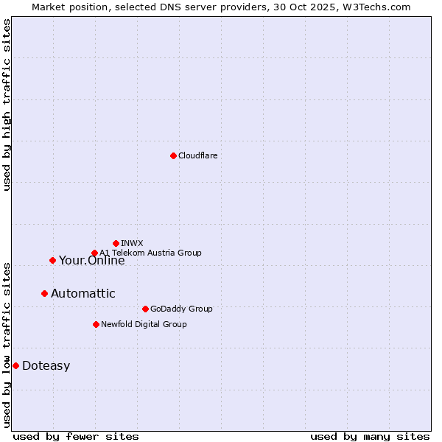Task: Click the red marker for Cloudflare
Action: click(173, 155)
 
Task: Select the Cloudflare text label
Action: click(197, 155)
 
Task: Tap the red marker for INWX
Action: click(116, 243)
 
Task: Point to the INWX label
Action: click(132, 243)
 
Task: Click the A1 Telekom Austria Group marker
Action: click(94, 253)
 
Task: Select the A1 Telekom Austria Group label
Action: click(150, 253)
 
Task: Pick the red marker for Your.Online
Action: click(52, 260)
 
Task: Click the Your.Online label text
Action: click(91, 260)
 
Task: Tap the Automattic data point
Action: click(44, 293)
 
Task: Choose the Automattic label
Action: click(83, 293)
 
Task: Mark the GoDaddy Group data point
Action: click(145, 309)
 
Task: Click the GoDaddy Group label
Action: click(180, 309)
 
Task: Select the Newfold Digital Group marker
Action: click(96, 324)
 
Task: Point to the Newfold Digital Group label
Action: click(144, 324)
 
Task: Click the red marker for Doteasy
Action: click(15, 365)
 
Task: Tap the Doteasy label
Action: click(46, 366)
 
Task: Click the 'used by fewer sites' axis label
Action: click(76, 436)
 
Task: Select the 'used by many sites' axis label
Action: click(370, 436)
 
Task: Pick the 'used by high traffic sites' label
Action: click(7, 105)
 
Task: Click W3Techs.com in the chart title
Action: click(374, 7)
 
